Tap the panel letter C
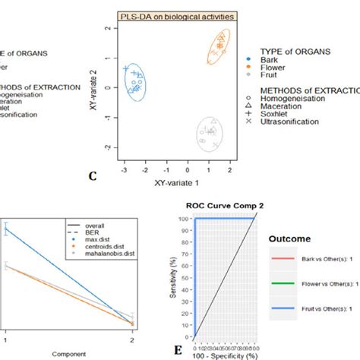tap(93, 177)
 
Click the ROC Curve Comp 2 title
tap(221, 205)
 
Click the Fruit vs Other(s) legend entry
tap(313, 308)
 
